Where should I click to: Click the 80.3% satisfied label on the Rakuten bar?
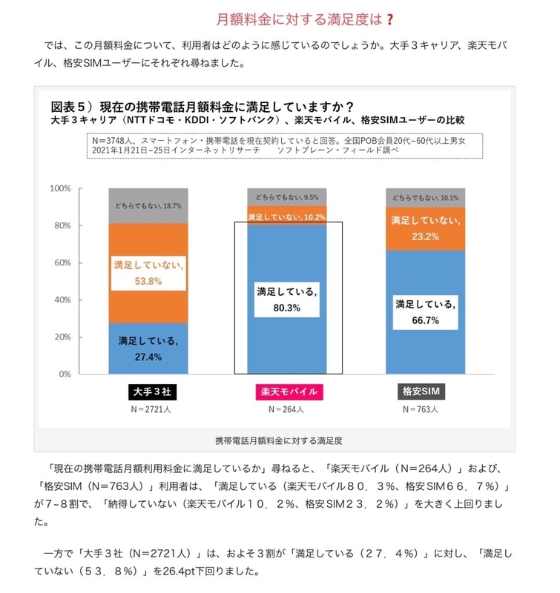tap(287, 299)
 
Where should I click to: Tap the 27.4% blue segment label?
tap(148, 348)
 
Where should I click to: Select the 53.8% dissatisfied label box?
tap(148, 273)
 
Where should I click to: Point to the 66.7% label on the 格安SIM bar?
tap(425, 312)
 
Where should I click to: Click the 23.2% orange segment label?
tap(425, 228)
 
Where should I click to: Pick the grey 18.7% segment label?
tap(148, 206)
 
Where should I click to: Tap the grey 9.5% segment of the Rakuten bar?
tap(287, 197)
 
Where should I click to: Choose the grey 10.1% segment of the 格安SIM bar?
tap(425, 198)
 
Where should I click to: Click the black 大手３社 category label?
tap(152, 391)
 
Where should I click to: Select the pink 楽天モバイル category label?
tap(289, 391)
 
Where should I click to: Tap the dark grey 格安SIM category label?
tap(421, 391)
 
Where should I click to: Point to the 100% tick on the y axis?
tap(60, 188)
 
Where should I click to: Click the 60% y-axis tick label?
tap(62, 262)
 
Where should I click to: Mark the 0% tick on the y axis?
tap(65, 374)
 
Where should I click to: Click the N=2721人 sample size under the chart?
tap(151, 409)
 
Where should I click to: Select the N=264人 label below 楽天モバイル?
tap(286, 409)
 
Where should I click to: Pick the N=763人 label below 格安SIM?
tap(421, 409)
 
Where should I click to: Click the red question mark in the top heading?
tap(390, 19)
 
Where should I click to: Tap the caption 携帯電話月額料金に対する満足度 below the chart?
tap(279, 440)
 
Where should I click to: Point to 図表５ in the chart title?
tap(68, 107)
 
